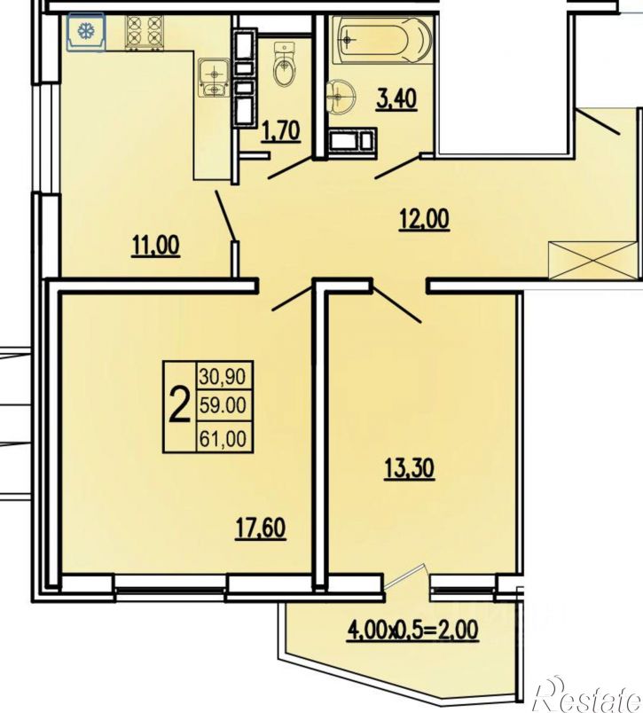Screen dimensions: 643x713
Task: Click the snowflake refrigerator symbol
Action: click(86, 31)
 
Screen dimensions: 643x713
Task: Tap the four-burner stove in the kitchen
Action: click(144, 32)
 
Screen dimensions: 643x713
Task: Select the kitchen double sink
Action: click(213, 78)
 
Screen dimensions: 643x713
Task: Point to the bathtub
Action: click(381, 40)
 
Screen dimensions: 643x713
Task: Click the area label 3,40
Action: click(396, 99)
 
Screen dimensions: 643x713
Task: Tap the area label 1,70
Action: click(280, 131)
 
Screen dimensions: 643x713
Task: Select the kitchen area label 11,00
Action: click(155, 246)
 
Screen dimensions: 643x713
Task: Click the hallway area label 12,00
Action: click(424, 220)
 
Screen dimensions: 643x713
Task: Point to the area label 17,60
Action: click(261, 529)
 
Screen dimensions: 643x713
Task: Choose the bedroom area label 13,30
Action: click(409, 468)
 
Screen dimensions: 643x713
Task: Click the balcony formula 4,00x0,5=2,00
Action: click(412, 631)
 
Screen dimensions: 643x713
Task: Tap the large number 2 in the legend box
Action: click(179, 404)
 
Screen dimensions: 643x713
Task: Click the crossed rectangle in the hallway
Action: click(592, 260)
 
